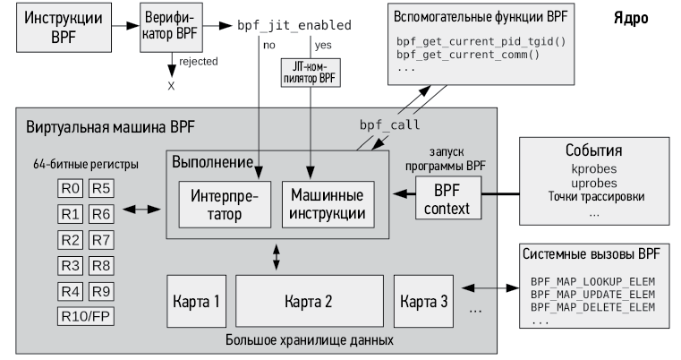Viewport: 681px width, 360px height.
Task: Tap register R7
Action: coord(101,240)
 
